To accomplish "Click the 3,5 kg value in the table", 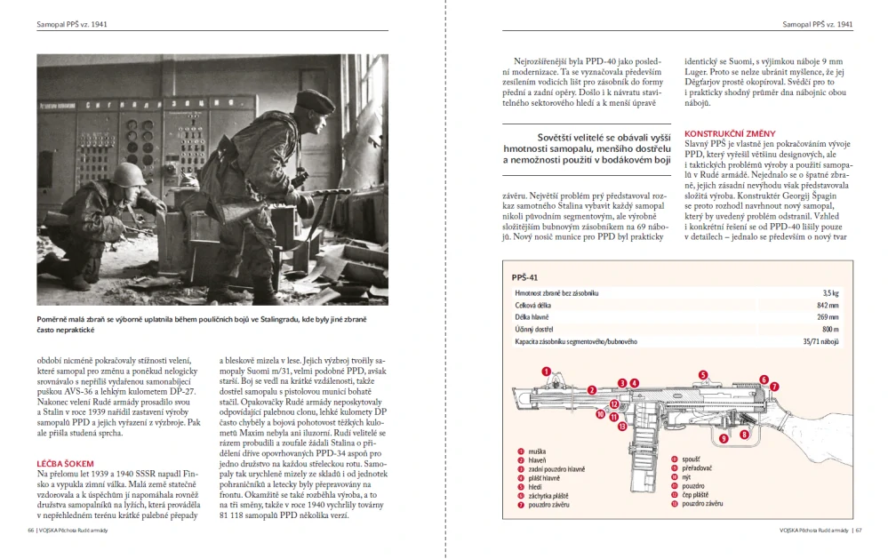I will tap(829, 292).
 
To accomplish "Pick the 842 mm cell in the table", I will tap(827, 305).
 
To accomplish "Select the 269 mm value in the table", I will tap(827, 316).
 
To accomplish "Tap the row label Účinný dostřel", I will tap(532, 329).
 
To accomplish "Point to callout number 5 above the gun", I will tap(702, 375).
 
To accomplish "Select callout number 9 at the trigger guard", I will tap(721, 437).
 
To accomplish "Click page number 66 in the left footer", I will tap(32, 531).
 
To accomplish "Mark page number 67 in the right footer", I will tap(858, 531).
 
